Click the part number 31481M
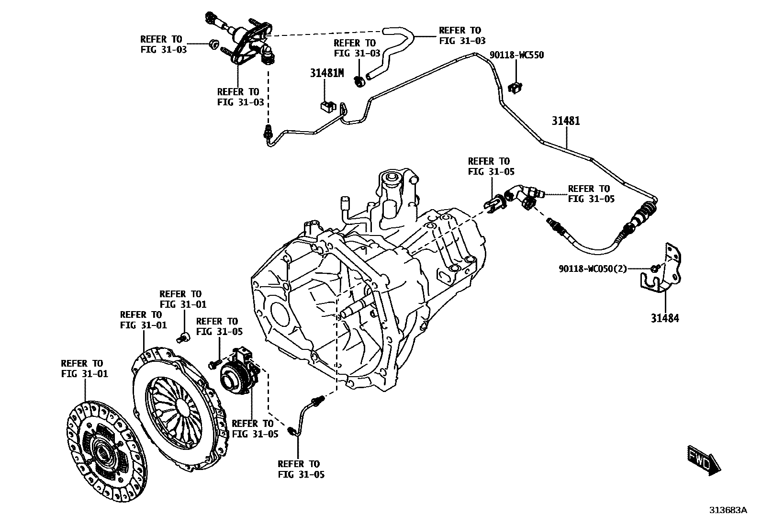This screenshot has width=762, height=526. click(x=326, y=73)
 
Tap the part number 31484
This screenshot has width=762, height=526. click(x=664, y=318)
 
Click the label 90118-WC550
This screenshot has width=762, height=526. click(x=516, y=56)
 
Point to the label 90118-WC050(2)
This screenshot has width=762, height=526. click(x=593, y=269)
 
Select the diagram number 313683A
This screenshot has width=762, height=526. click(x=728, y=510)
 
